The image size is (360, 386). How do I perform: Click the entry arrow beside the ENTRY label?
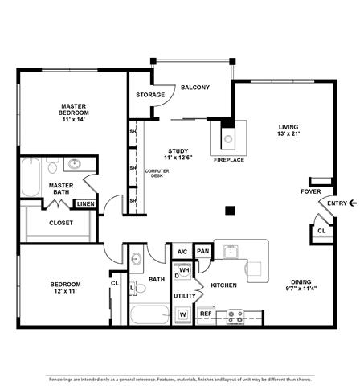pyautogui.click(x=353, y=203)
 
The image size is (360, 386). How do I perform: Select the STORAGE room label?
pyautogui.click(x=150, y=95)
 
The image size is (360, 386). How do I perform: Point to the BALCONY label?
pyautogui.click(x=195, y=88)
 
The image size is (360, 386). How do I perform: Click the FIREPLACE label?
pyautogui.click(x=229, y=160)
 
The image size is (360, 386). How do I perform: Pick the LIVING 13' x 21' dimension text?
pyautogui.click(x=288, y=133)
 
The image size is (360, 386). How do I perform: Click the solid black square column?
pyautogui.click(x=230, y=211)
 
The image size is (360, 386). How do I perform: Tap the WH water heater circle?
pyautogui.click(x=184, y=270)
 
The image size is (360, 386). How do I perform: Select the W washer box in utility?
pyautogui.click(x=183, y=314)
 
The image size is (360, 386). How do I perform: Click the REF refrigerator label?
pyautogui.click(x=206, y=314)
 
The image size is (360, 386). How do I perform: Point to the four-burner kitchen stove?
pyautogui.click(x=235, y=317)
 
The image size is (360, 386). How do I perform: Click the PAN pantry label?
pyautogui.click(x=203, y=251)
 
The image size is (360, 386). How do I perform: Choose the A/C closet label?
pyautogui.click(x=182, y=252)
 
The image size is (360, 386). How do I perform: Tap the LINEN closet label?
pyautogui.click(x=86, y=204)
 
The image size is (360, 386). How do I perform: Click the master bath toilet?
pyautogui.click(x=52, y=165)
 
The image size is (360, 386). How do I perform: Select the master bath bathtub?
pyautogui.click(x=31, y=177)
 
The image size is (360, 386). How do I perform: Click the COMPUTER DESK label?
pyautogui.click(x=157, y=173)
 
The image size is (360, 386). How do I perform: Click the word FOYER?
pyautogui.click(x=311, y=191)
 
